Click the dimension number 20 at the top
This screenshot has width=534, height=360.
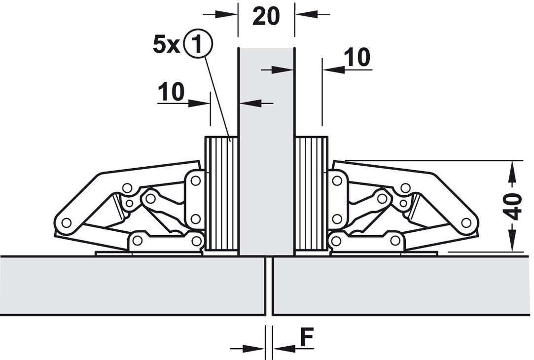266,16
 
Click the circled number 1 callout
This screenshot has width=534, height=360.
197,45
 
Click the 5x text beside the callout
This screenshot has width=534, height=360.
167,45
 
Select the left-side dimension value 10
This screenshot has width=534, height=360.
171,92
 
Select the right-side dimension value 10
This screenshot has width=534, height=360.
357,58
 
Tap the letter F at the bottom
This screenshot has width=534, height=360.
307,338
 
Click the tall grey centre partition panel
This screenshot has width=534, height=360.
266,148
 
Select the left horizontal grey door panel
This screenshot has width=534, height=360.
132,285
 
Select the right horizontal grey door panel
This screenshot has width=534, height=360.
402,285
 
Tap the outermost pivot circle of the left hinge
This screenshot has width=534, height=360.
65,223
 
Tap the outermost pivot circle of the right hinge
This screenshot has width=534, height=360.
466,223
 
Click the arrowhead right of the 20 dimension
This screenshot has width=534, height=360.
302,14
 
